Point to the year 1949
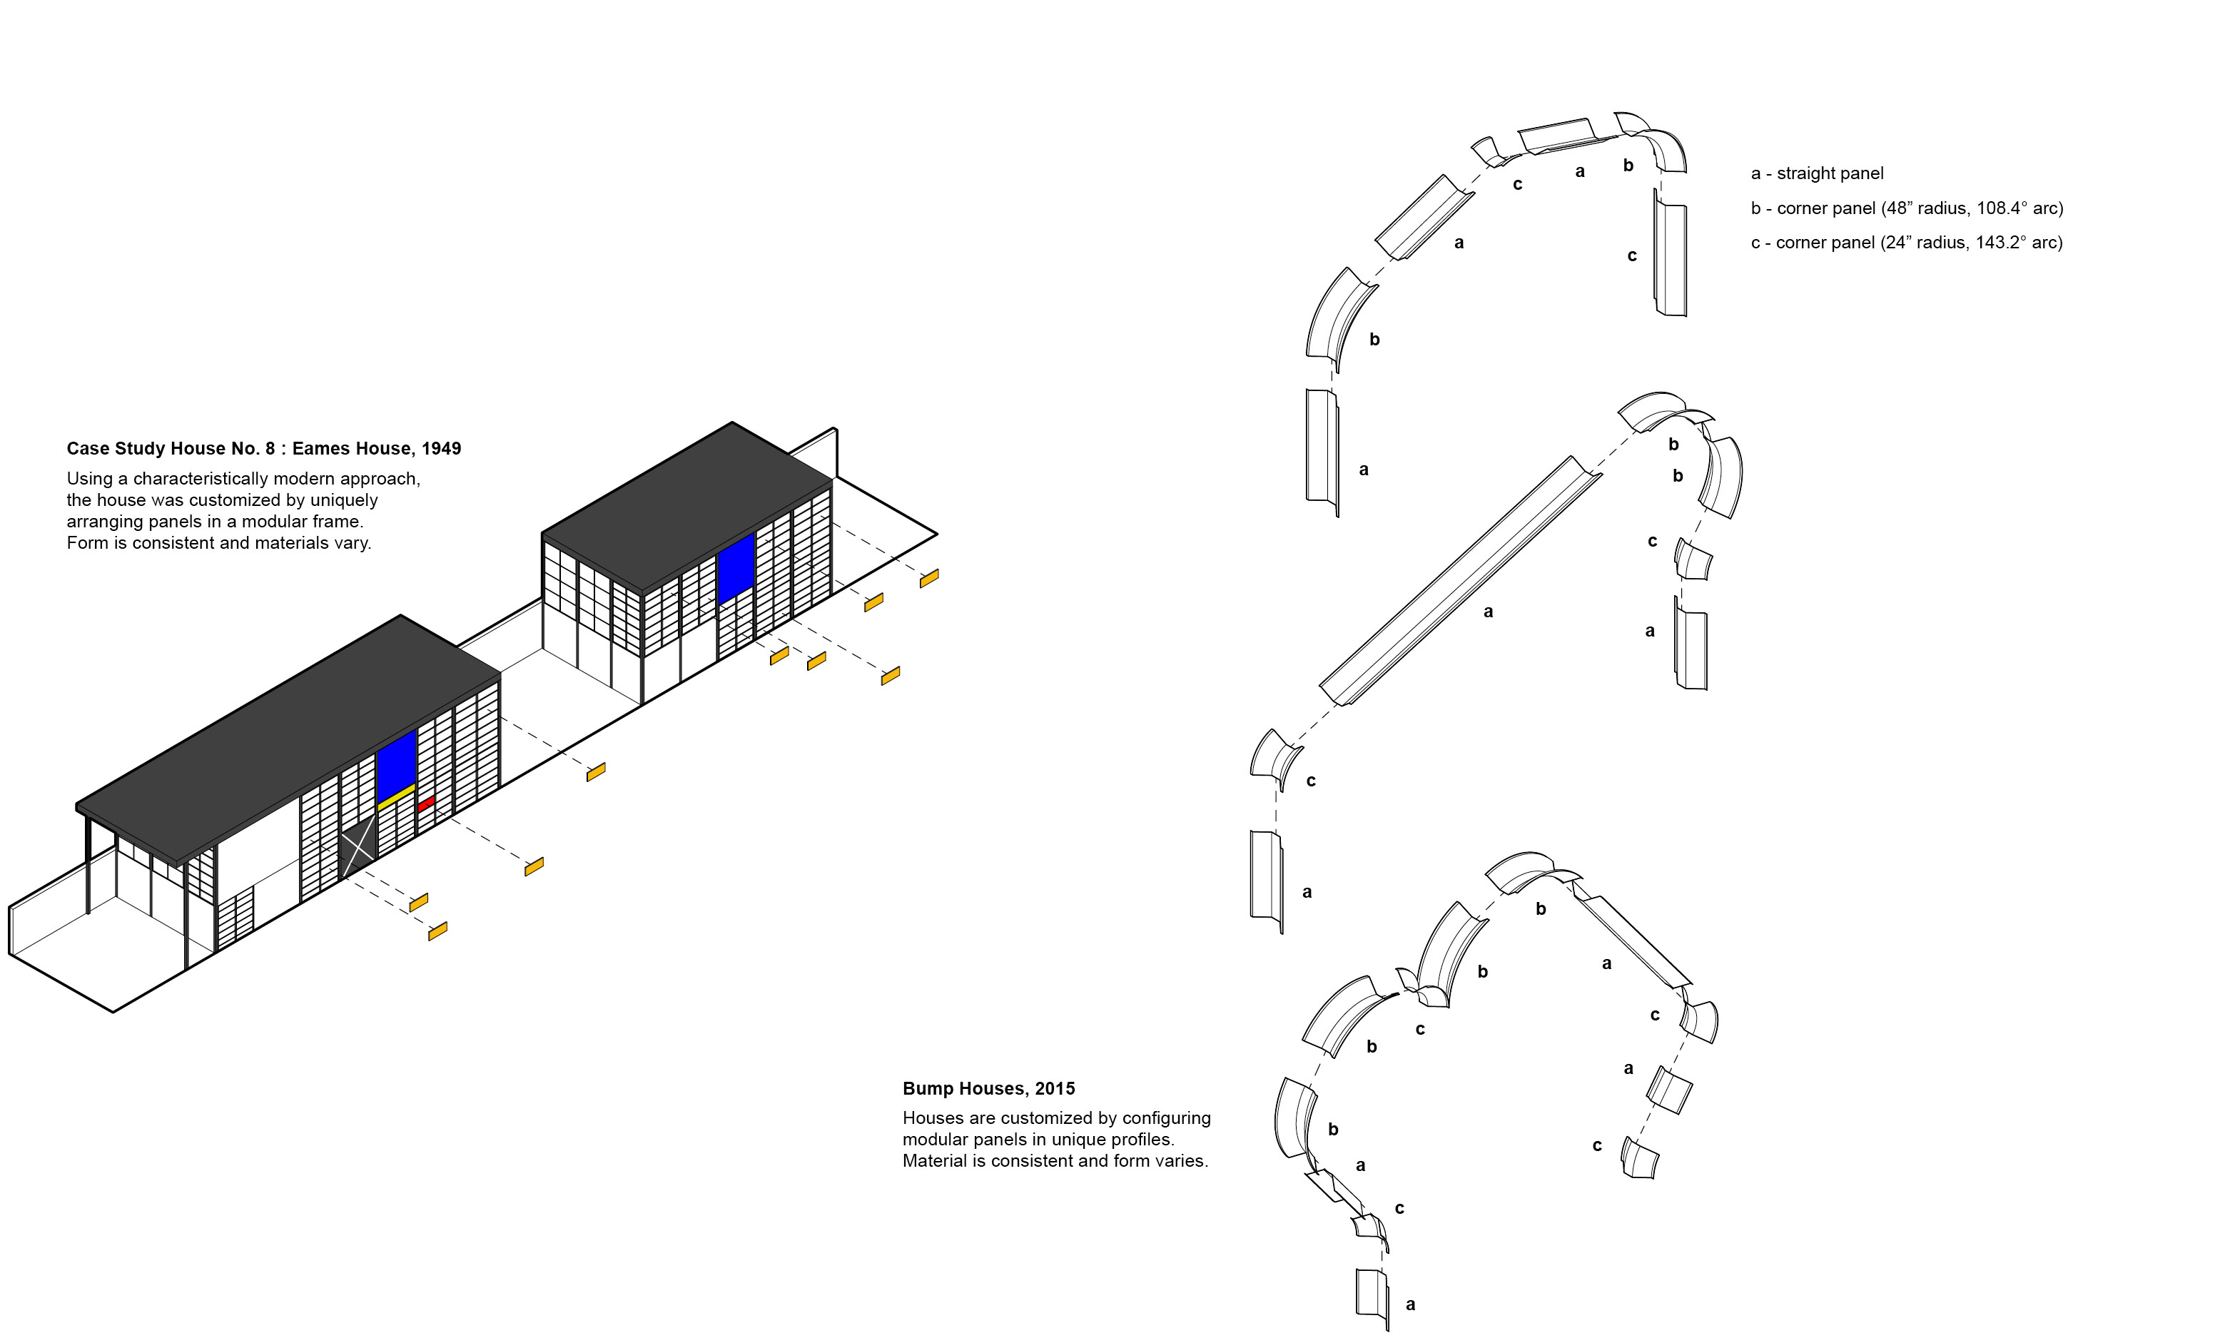click(442, 449)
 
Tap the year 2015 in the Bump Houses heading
click(1055, 1088)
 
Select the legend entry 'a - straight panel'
click(1817, 173)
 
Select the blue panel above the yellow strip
click(397, 766)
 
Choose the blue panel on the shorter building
click(736, 569)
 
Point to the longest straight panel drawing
click(1460, 581)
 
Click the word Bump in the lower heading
click(928, 1089)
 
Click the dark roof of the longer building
click(288, 739)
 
